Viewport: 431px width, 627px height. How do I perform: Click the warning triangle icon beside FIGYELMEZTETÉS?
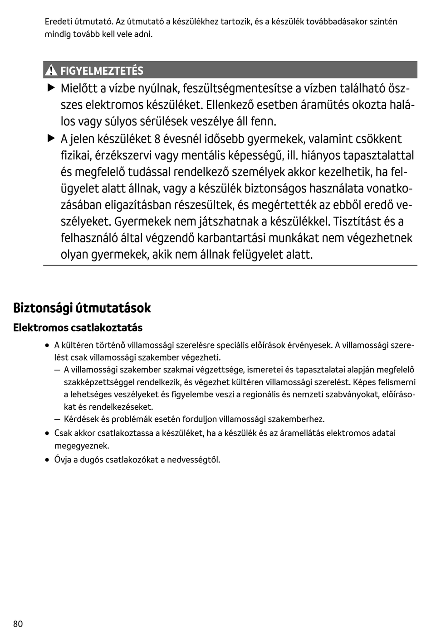click(51, 71)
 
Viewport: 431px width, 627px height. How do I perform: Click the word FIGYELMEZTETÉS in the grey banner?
click(102, 71)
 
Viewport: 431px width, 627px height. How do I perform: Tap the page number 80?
click(18, 623)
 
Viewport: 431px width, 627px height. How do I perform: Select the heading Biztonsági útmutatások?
click(82, 308)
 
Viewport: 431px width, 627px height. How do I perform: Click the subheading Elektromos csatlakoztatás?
click(78, 328)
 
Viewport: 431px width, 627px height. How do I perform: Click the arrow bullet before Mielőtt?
click(50, 87)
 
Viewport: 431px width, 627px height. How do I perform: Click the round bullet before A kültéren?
click(47, 346)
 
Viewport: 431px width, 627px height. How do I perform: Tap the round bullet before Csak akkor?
click(47, 434)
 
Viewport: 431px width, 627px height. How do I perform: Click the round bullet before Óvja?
click(47, 460)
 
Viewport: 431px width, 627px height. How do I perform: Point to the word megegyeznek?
click(82, 446)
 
